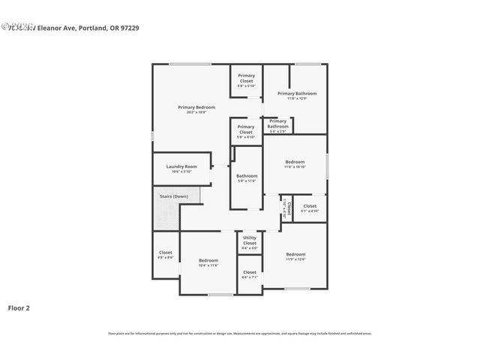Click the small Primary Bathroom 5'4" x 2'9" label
[x=277, y=124]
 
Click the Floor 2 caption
[x=19, y=307]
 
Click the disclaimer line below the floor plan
[x=239, y=333]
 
